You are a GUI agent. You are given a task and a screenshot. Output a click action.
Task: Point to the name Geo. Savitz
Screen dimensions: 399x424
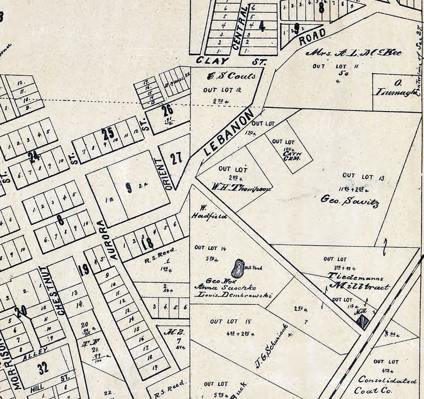point(350,201)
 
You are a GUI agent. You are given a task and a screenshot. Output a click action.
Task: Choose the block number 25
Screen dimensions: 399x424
point(108,133)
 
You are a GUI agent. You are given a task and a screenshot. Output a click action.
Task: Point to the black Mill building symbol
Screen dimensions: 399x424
point(363,321)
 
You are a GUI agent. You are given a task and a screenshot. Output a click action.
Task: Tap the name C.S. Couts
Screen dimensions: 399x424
point(224,76)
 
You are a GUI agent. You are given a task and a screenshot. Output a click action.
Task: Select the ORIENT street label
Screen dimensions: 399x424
point(160,174)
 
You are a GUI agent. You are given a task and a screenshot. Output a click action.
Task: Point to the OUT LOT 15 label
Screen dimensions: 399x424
point(231,322)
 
